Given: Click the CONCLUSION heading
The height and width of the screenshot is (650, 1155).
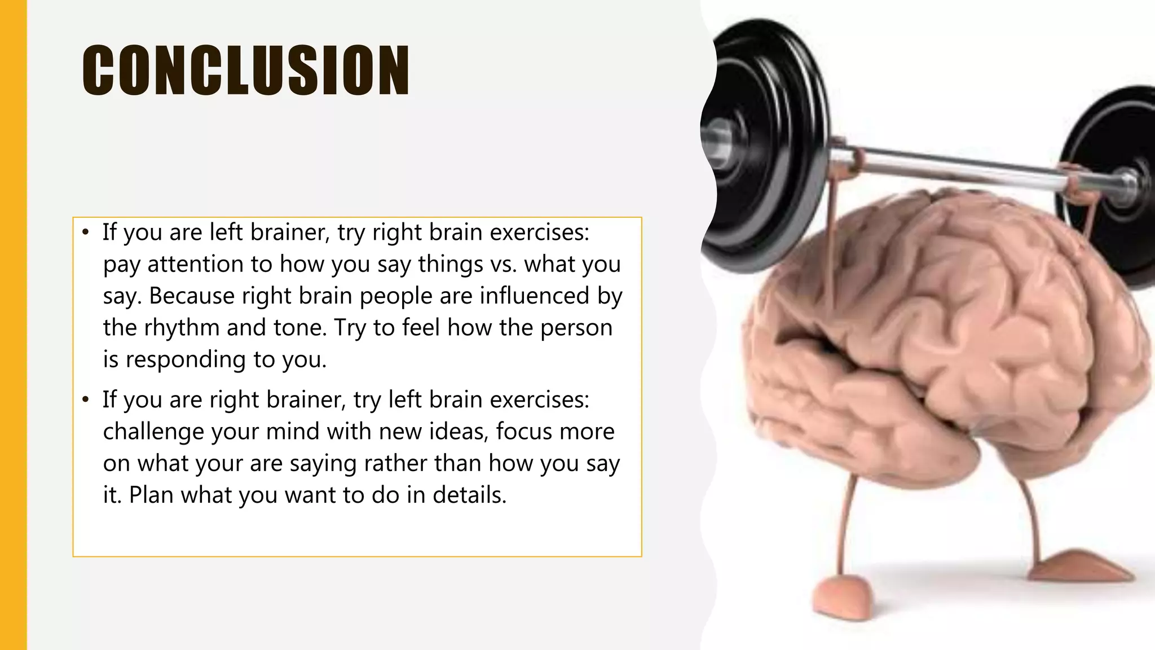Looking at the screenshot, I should pos(246,70).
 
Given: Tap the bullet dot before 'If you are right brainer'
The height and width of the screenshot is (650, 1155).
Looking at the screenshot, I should pos(85,399).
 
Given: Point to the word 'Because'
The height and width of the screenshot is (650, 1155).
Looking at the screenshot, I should pos(192,296).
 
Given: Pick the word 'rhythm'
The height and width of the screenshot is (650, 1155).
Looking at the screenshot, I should pos(182,327).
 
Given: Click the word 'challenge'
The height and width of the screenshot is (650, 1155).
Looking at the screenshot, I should pos(153,432).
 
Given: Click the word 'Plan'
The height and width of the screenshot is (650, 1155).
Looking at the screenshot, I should pos(151,495).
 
